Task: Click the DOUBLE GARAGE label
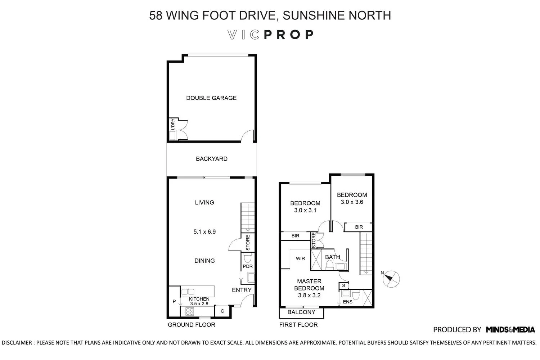point(211,98)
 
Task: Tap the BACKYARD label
point(211,159)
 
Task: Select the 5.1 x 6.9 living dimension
point(204,232)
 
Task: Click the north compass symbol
point(391,279)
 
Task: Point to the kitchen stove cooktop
point(189,311)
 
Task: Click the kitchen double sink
point(188,292)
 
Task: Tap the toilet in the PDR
point(247,258)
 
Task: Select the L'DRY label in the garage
point(172,125)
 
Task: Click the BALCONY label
point(301,312)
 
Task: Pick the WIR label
point(300,258)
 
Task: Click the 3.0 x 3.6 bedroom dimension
point(352,202)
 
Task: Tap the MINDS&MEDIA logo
point(510,330)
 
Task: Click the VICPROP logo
point(270,35)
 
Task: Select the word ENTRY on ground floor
point(242,290)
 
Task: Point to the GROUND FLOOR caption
point(192,325)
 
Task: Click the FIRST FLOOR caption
point(298,325)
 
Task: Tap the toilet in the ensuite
point(356,294)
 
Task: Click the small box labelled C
point(222,311)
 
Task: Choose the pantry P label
point(174,301)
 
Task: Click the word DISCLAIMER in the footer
point(17,343)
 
